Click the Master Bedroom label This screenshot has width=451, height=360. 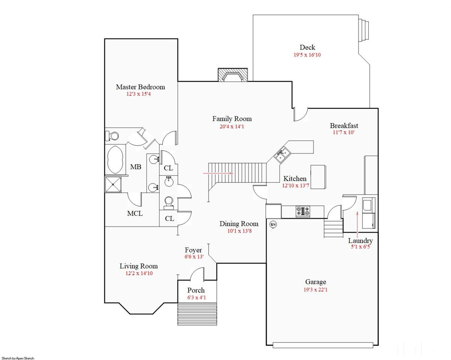click(141, 87)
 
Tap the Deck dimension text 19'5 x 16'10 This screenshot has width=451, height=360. click(307, 55)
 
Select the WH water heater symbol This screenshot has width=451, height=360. click(273, 225)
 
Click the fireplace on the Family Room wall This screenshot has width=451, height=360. click(233, 75)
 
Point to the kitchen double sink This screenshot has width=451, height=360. click(282, 154)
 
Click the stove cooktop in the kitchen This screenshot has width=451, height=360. click(303, 211)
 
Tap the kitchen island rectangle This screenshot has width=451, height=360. click(318, 177)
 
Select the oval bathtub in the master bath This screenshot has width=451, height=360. click(115, 159)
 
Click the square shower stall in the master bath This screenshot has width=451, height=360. click(113, 184)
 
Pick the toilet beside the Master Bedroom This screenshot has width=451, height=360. click(112, 136)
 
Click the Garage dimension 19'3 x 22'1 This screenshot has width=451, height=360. click(315, 290)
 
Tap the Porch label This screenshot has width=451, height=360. click(196, 290)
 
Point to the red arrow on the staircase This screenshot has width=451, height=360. click(218, 173)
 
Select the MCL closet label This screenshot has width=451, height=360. click(135, 213)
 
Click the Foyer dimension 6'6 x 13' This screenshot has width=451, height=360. click(194, 256)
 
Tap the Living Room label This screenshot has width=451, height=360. click(139, 266)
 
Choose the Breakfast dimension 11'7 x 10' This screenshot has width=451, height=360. click(344, 132)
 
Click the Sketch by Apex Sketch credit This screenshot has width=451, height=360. click(18, 358)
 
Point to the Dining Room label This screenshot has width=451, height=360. click(239, 224)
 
